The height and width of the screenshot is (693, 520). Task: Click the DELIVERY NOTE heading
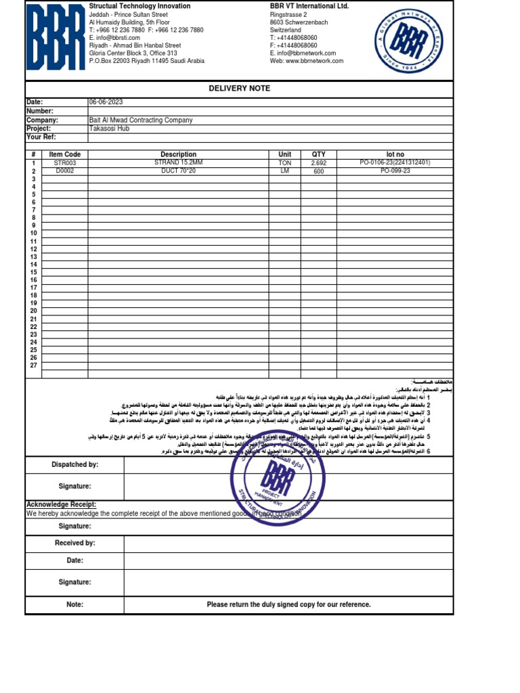(x=239, y=89)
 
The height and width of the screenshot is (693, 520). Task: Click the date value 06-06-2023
(x=105, y=102)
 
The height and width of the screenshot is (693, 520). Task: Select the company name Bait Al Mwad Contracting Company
(x=141, y=120)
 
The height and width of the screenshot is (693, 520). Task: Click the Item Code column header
(x=65, y=155)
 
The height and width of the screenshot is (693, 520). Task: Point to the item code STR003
(x=65, y=163)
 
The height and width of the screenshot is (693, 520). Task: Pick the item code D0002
(x=65, y=171)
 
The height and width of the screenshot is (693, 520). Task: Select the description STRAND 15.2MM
(x=178, y=163)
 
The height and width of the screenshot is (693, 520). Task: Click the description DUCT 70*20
(x=178, y=171)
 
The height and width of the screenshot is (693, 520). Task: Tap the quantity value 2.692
(x=318, y=163)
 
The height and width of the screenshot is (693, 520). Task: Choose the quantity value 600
(x=318, y=171)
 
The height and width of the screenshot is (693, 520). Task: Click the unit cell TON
(x=284, y=163)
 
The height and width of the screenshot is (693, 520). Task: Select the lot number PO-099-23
(x=395, y=171)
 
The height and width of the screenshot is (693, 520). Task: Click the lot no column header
(x=395, y=155)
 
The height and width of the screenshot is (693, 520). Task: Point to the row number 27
(x=33, y=365)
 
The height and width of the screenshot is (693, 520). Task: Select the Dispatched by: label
(x=74, y=465)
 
